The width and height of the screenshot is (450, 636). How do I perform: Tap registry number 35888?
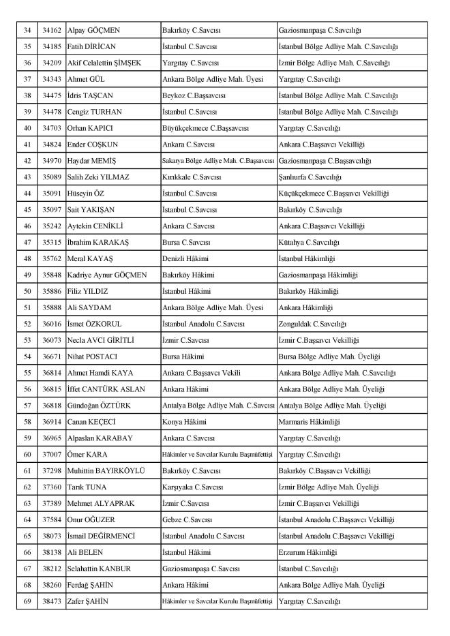pos(51,307)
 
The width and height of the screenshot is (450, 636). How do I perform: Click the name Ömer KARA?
pos(87,454)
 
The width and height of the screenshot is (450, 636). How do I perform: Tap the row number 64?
pos(28,519)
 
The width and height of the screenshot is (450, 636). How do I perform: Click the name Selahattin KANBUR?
pos(99,569)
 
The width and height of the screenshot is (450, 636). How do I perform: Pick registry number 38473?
pos(51,601)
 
